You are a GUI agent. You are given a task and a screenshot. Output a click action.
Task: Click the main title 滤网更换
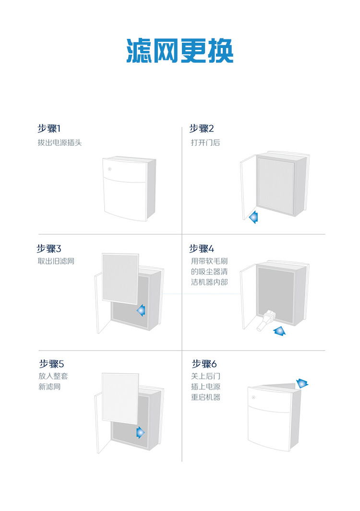[180, 50]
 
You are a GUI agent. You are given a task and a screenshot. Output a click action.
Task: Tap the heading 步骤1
[49, 129]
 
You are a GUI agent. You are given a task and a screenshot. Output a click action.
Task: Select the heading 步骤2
[202, 129]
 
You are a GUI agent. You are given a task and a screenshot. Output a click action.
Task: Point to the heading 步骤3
[49, 249]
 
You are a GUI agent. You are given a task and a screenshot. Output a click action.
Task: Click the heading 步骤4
[202, 249]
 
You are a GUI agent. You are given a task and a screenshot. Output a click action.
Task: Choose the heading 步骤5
[51, 364]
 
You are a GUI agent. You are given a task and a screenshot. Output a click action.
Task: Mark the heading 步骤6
[204, 364]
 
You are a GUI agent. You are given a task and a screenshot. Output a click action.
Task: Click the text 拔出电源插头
[60, 143]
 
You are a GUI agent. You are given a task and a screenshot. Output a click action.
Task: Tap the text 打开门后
[205, 143]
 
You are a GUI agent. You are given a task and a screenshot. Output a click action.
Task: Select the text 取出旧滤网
[56, 261]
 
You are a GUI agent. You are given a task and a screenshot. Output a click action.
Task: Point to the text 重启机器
[205, 397]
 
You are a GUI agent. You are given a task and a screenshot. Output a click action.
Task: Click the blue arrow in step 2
[253, 218]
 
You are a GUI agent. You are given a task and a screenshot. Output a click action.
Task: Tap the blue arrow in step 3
[141, 311]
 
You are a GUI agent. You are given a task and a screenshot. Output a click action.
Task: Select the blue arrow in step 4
[279, 331]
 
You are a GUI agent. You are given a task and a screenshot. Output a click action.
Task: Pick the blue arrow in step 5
[140, 432]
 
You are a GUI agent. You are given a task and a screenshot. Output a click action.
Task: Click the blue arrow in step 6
[302, 383]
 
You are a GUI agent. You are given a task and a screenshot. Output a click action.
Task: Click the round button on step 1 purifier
[110, 169]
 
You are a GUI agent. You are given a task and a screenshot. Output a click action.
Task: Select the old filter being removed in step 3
[120, 277]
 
